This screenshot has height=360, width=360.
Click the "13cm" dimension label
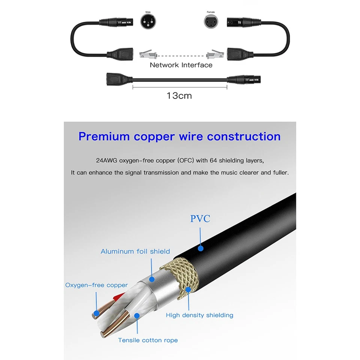pos(179,96)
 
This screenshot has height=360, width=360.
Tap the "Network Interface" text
pos(181,65)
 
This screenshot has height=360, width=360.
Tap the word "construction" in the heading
pos(244,136)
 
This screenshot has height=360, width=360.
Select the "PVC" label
pos(200,219)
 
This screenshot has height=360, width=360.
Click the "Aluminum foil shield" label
pos(135,251)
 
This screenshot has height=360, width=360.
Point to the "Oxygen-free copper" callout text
pos(96,285)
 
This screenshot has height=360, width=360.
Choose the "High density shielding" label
pos(199,315)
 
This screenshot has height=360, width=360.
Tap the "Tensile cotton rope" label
pos(148,340)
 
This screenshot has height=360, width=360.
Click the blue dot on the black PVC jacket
pos(201,248)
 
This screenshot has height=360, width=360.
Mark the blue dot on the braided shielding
pos(187,290)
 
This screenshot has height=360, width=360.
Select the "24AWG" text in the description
pos(106,161)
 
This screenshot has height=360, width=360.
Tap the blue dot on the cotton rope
pos(137,316)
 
